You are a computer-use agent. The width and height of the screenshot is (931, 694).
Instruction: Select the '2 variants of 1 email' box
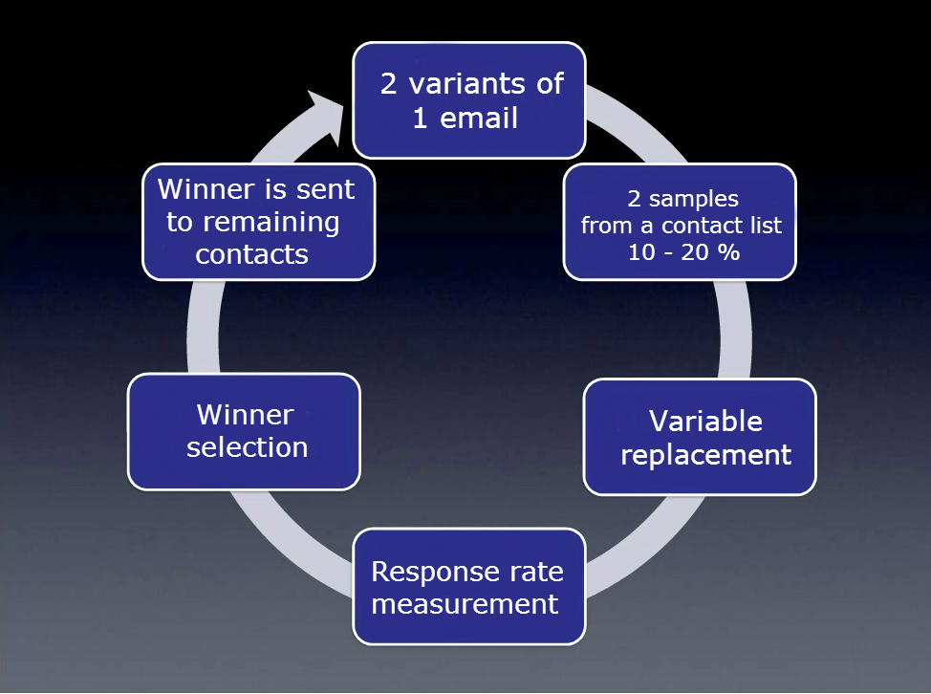click(x=469, y=100)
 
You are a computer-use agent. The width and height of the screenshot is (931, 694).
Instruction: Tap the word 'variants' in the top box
click(x=466, y=84)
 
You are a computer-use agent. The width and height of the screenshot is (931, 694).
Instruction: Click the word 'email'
click(x=479, y=118)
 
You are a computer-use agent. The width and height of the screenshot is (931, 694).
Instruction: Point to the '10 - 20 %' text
click(x=683, y=252)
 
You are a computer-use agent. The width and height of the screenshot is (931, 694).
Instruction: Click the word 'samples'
click(x=694, y=200)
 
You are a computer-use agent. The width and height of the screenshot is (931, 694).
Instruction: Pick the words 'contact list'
click(x=722, y=226)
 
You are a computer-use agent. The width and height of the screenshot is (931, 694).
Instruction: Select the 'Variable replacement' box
click(x=700, y=437)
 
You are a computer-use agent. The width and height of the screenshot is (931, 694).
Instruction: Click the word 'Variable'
click(x=705, y=421)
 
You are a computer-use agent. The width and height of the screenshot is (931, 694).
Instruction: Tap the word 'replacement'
click(x=705, y=455)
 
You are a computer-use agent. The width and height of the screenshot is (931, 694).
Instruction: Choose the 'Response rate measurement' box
click(x=469, y=587)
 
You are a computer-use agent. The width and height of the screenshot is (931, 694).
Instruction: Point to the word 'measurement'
click(x=465, y=604)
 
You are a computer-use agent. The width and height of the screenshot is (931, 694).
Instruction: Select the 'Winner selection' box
click(x=244, y=431)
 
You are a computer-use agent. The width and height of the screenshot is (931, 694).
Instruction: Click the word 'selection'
click(x=247, y=447)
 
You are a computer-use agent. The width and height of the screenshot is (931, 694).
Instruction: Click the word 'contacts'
click(x=251, y=254)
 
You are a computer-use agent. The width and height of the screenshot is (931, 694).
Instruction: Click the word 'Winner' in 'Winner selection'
click(x=246, y=414)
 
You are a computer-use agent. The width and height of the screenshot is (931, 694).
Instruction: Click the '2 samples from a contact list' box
click(x=680, y=222)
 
